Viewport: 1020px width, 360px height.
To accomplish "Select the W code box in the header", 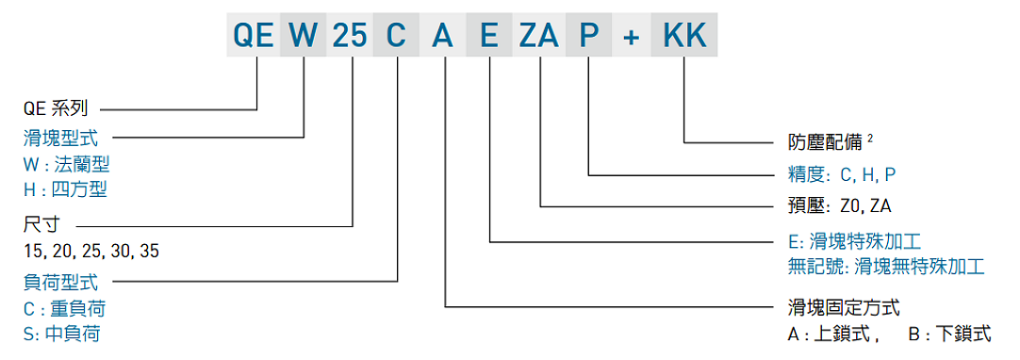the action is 304,36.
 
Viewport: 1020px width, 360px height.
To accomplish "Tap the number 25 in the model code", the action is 351,36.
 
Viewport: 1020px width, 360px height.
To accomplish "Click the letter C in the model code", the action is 397,36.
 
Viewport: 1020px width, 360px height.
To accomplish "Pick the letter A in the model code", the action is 443,36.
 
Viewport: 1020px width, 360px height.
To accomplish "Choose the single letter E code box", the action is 489,36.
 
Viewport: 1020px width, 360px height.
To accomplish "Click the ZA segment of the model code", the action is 540,36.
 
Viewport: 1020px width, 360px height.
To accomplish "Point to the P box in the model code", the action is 589,36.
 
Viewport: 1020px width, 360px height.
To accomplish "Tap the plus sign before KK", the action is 634,36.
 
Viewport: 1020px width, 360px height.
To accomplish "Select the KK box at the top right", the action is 683,36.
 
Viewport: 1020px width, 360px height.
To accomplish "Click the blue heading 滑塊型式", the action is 61,139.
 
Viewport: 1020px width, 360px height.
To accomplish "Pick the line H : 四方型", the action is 65,189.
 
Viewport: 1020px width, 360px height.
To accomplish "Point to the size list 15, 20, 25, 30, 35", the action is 91,252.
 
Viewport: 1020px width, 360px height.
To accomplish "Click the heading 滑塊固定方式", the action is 844,307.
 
